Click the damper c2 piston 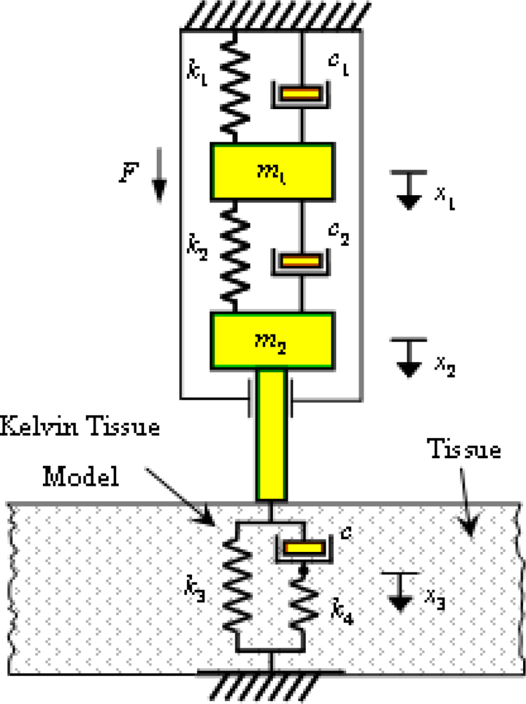coord(302,261)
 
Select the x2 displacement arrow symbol coord(406,356)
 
